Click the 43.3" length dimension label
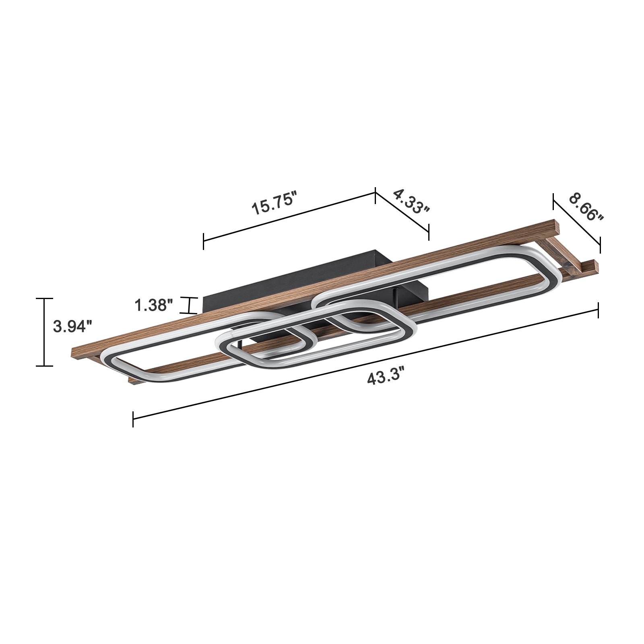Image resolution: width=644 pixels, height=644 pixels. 385,378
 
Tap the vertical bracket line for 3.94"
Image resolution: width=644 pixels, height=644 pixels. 44,332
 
